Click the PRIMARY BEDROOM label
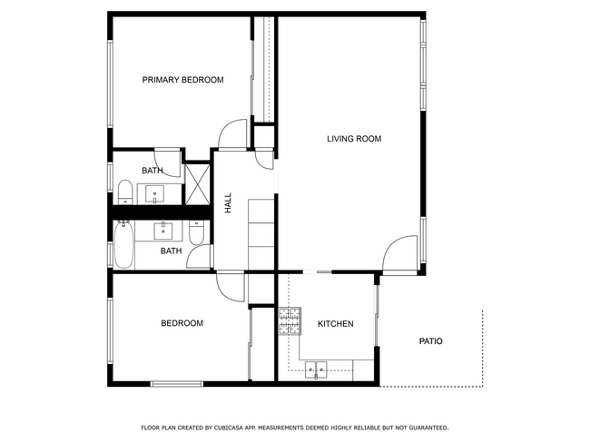(x=182, y=80)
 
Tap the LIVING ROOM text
(x=354, y=139)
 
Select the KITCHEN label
(x=335, y=324)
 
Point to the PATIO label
(x=430, y=341)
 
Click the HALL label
(x=228, y=202)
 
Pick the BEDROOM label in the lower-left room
(x=182, y=323)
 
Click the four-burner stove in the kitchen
(x=290, y=320)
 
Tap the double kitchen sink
(x=317, y=369)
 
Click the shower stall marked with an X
(x=197, y=183)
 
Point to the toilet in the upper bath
(x=125, y=192)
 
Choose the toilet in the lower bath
(x=196, y=231)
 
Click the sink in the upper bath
(x=154, y=192)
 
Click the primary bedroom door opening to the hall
(x=232, y=133)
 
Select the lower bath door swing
(x=199, y=258)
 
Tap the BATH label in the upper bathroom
(x=152, y=171)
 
